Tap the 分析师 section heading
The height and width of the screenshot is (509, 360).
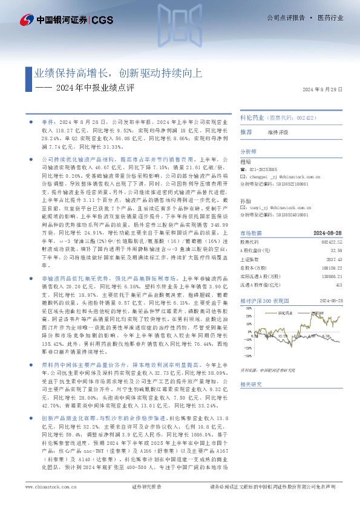pos(249,152)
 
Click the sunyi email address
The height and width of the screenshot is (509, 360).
pos(281,207)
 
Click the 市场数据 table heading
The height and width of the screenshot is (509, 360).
pos(252,233)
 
